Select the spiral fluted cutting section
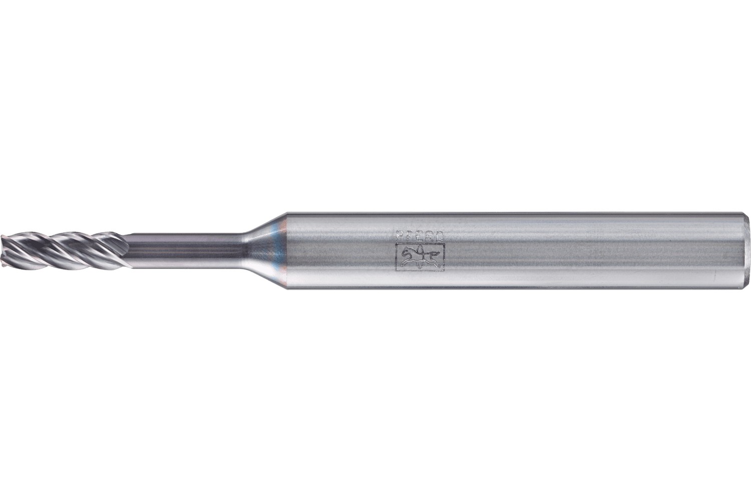tap(60, 249)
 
